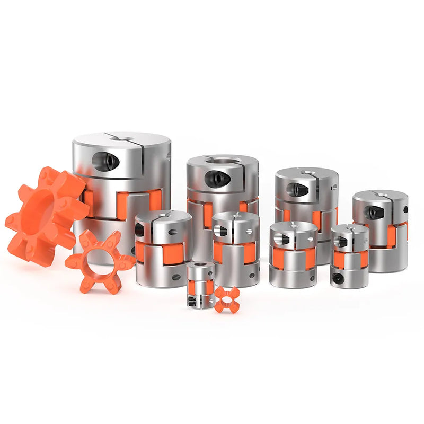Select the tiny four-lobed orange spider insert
227,300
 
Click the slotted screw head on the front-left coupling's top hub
172,231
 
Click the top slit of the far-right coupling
381,194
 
